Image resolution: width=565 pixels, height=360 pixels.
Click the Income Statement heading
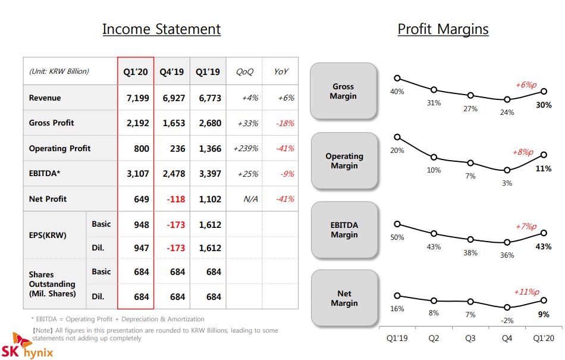161,29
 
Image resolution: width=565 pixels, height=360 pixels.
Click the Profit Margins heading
443,29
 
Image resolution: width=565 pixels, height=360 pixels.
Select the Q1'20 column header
136,72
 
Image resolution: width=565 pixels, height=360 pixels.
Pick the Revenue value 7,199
137,98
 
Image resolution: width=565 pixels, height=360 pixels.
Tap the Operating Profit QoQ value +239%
246,149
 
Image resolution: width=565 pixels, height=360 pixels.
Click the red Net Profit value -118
176,199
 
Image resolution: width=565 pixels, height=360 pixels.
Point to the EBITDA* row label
45,173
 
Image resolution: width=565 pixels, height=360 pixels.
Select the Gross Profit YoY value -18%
285,123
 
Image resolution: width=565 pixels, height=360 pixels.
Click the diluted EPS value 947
142,248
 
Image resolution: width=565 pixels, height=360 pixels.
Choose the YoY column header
281,72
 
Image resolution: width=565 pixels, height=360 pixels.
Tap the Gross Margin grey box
343,91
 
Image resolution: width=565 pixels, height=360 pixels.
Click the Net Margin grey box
344,298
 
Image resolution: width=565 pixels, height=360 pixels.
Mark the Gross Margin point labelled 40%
397,78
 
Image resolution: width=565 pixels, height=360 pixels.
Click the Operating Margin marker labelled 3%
507,170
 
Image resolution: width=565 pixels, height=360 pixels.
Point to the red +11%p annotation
526,292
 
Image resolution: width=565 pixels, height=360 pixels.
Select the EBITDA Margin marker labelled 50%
397,224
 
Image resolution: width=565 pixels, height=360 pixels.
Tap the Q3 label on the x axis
470,338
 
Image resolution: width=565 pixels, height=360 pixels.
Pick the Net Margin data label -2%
507,320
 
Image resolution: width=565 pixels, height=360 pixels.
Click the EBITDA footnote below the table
118,319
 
